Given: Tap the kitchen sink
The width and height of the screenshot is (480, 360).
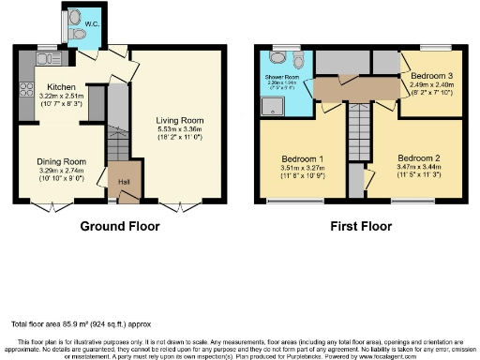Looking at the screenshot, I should (44, 59).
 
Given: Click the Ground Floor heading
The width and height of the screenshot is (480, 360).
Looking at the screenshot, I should (119, 226).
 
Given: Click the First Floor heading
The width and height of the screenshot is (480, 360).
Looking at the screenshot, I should (361, 226).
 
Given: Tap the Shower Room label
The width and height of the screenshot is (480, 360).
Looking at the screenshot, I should (282, 77).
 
